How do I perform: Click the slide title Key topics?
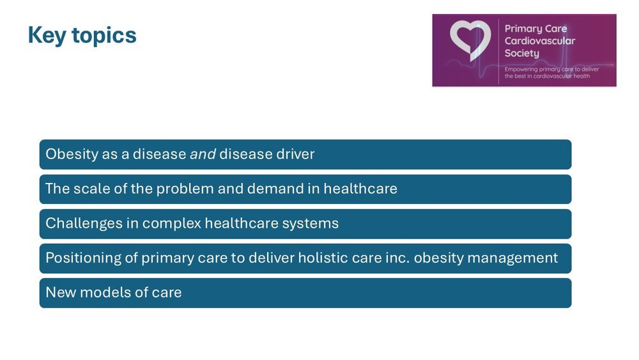pyautogui.click(x=82, y=35)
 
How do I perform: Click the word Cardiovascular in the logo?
pyautogui.click(x=539, y=41)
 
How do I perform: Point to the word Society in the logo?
pyautogui.click(x=521, y=54)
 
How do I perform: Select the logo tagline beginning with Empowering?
pyautogui.click(x=551, y=72)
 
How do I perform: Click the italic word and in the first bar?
pyautogui.click(x=203, y=154)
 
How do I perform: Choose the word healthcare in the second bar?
pyautogui.click(x=360, y=189)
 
